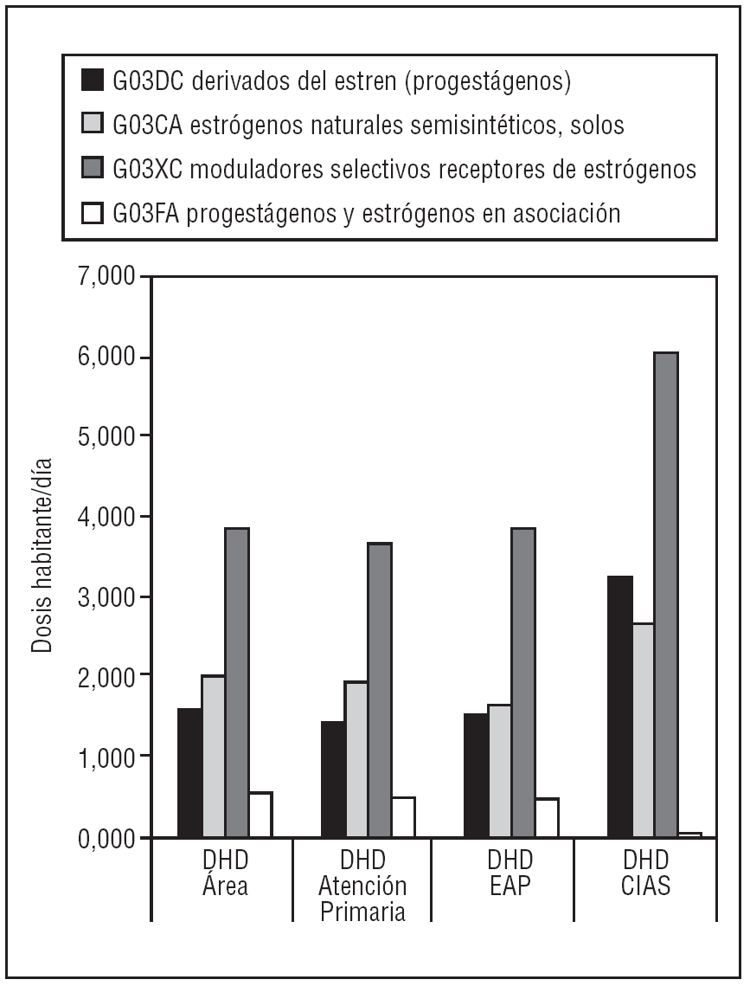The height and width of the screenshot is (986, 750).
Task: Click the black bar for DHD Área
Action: [x=189, y=773]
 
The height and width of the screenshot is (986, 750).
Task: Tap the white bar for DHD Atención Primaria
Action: [x=403, y=817]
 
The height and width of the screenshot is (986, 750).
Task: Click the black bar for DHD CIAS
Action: [x=619, y=706]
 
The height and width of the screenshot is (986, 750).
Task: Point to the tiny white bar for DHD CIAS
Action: [x=689, y=835]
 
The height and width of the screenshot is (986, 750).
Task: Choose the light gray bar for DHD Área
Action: [x=213, y=757]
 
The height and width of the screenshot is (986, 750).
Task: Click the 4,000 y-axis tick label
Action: [x=101, y=518]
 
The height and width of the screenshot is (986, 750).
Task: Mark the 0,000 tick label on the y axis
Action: [x=101, y=838]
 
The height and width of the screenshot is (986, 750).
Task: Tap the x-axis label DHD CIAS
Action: [x=646, y=873]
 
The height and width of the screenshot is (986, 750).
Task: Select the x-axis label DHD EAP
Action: [x=510, y=873]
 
